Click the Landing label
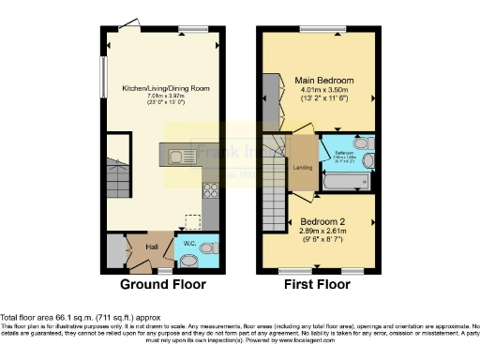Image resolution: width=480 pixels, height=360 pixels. coord(303,168)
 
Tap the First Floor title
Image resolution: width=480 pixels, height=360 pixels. coord(319,285)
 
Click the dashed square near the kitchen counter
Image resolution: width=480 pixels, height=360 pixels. coord(192,222)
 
